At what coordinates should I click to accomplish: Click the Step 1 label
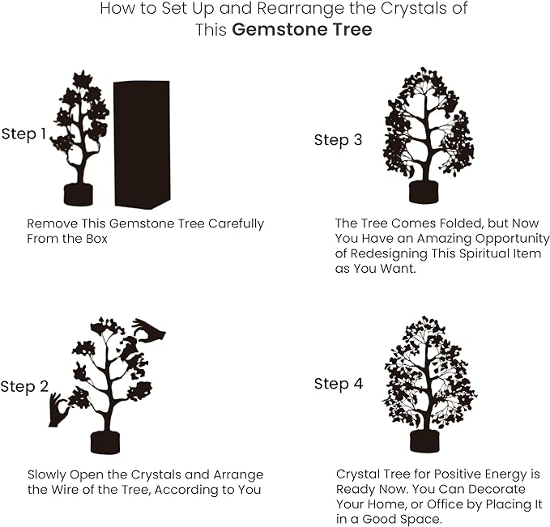(x=23, y=134)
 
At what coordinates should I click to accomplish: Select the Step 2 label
(x=23, y=387)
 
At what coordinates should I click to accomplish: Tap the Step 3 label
(x=338, y=140)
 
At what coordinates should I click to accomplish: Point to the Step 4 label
(x=338, y=384)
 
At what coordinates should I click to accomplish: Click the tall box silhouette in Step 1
(x=142, y=144)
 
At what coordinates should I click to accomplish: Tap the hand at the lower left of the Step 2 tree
(x=58, y=410)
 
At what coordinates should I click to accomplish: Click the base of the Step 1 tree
(x=79, y=194)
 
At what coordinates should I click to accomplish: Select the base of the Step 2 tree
(x=105, y=442)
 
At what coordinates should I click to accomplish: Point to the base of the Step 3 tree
(x=423, y=192)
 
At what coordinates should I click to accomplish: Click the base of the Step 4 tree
(x=424, y=440)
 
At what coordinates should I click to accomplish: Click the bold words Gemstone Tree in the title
(x=302, y=30)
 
